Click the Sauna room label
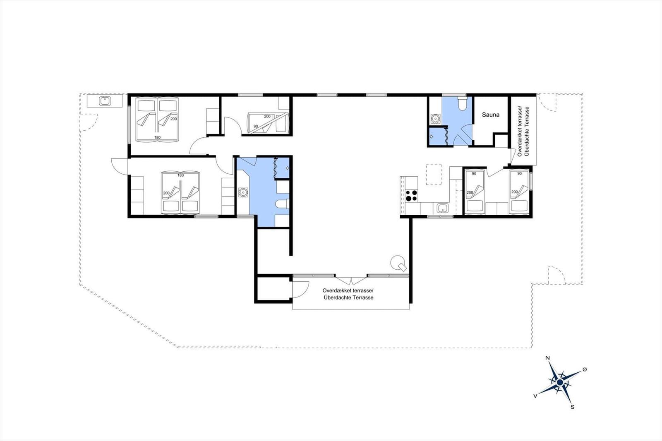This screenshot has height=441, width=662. click(490, 115)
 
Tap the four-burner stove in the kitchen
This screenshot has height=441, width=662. click(411, 195)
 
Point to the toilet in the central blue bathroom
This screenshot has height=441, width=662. click(282, 204)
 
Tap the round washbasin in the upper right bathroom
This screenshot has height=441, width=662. click(435, 119)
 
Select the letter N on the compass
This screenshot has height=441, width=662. click(547, 358)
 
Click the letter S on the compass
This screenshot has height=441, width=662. click(572, 407)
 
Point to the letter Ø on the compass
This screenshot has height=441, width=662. click(585, 369)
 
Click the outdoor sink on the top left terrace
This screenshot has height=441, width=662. click(104, 101)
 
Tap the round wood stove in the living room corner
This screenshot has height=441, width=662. click(398, 262)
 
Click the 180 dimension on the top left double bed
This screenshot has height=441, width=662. click(157, 137)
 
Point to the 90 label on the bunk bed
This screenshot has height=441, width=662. click(256, 126)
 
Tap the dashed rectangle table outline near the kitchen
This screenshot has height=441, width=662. click(434, 174)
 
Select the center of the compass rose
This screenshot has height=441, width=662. click(560, 382)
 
